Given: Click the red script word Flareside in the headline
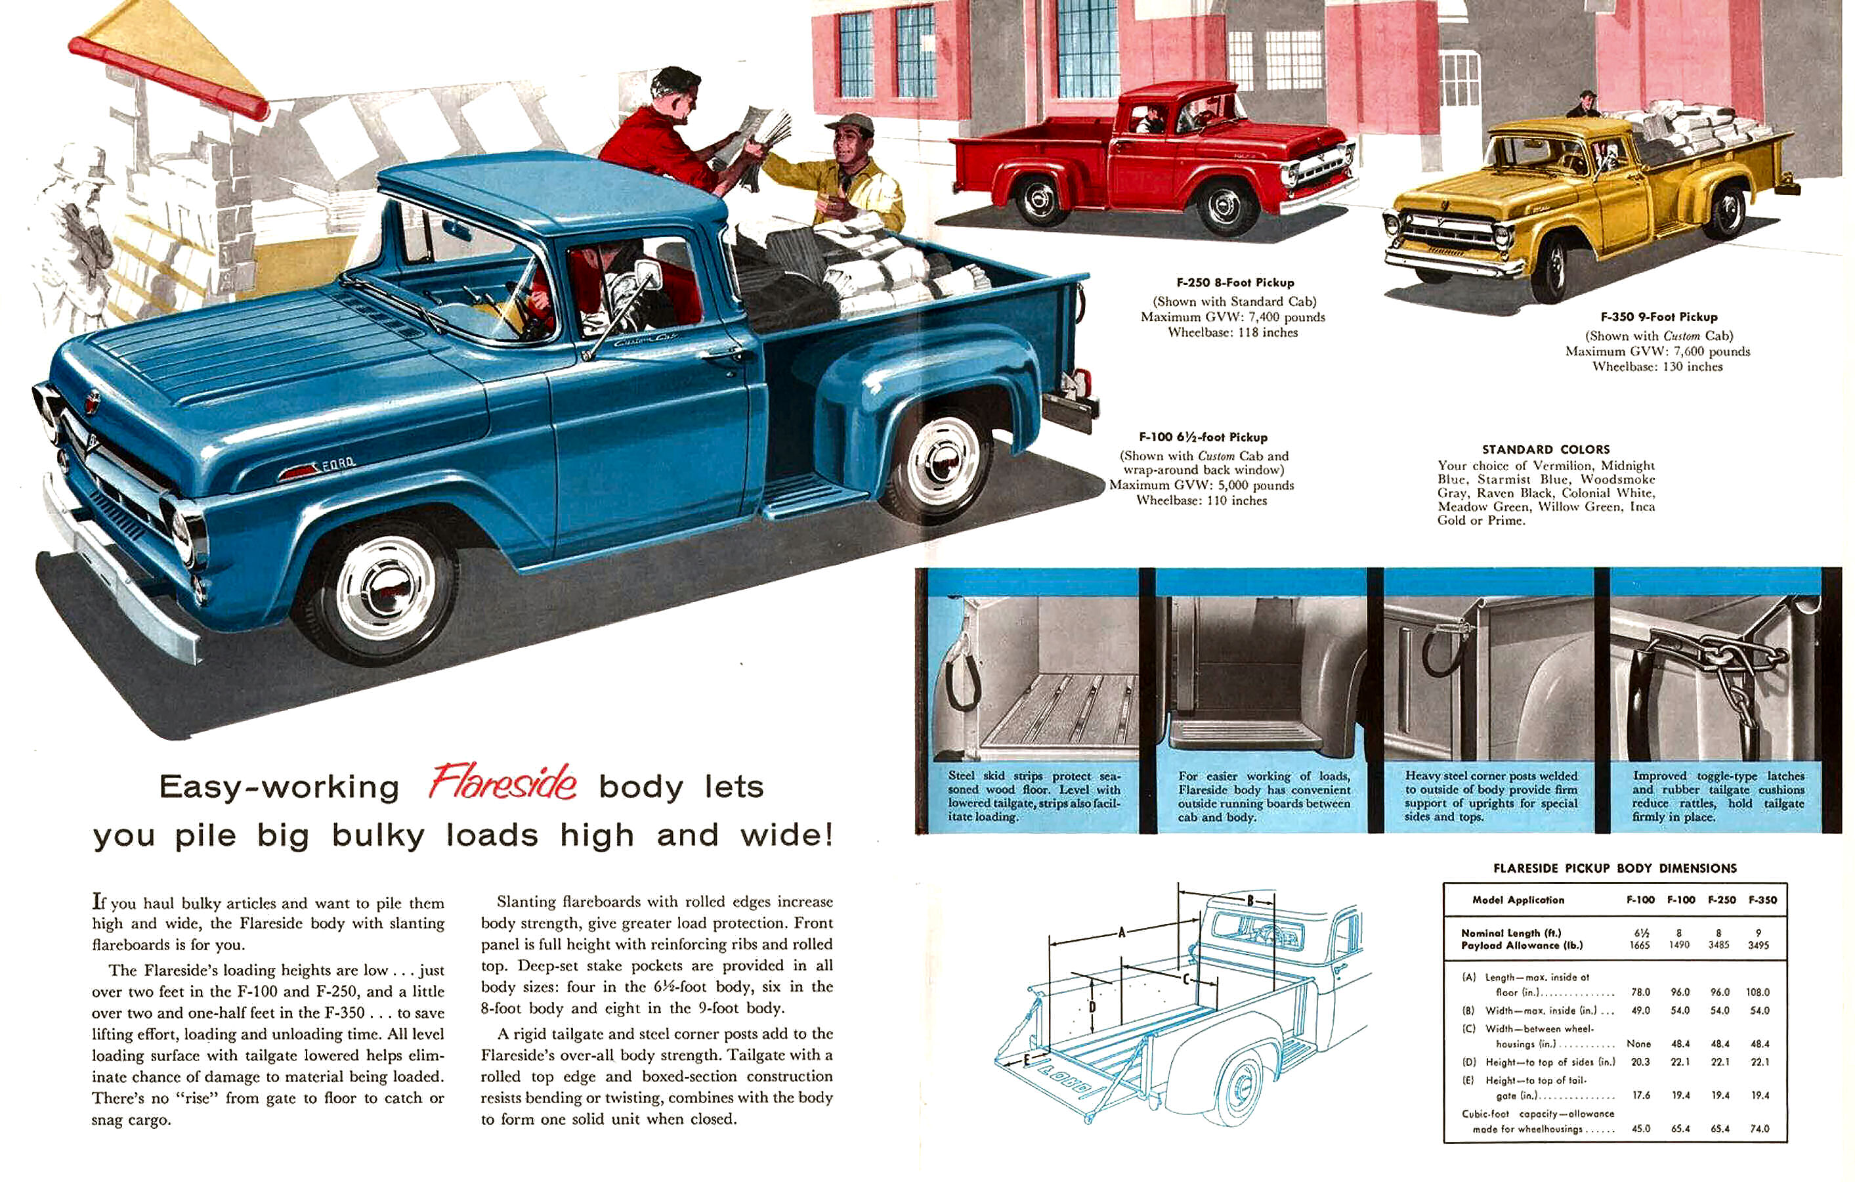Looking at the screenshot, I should click(502, 783).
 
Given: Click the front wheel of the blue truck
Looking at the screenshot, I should click(385, 588).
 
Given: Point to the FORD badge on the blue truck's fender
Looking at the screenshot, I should click(337, 463).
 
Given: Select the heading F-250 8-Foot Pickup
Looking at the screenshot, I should click(1235, 283).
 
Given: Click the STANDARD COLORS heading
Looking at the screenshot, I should click(1545, 449).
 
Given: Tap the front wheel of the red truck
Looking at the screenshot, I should click(1222, 206).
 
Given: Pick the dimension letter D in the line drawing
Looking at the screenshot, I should click(1092, 1006).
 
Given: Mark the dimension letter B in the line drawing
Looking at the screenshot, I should click(1250, 901).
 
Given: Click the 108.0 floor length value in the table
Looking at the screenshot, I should click(1759, 992).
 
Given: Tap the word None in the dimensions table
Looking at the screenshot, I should click(1638, 1044).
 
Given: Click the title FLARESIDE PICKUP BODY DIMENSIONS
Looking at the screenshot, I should click(1615, 868).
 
